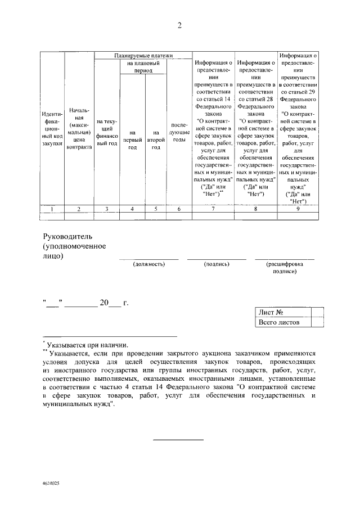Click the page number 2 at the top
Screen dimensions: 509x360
click(179, 25)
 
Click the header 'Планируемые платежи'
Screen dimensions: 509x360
click(143, 56)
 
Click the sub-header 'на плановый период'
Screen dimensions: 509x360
click(143, 68)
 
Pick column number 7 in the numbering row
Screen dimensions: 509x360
click(213, 209)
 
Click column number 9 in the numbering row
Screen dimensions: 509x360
click(298, 209)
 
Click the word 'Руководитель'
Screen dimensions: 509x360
click(71, 235)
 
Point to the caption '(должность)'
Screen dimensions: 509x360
click(148, 263)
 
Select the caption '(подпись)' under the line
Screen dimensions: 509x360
click(217, 263)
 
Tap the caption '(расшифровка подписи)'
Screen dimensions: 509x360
click(285, 267)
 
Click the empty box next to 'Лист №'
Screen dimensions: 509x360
click(317, 312)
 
